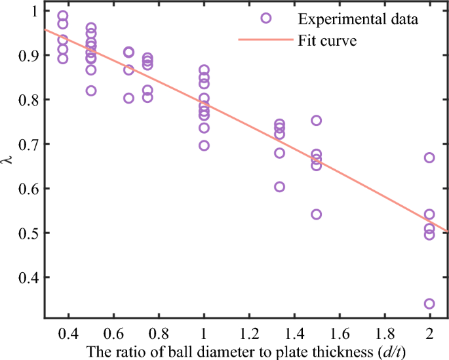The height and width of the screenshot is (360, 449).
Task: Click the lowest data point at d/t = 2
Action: (x=429, y=304)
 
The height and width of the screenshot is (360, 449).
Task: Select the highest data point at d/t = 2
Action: (x=429, y=157)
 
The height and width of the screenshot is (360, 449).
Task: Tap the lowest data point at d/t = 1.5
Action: (x=317, y=214)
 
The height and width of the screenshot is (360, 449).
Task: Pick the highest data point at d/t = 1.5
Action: (x=317, y=120)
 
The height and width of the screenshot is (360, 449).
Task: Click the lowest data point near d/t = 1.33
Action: (x=279, y=187)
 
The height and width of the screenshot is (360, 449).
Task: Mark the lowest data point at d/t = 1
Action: (x=204, y=146)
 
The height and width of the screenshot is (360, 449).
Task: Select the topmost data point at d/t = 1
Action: (x=204, y=70)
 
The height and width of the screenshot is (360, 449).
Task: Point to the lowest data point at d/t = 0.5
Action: (x=91, y=90)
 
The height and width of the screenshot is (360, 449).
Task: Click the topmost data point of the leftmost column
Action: (x=63, y=16)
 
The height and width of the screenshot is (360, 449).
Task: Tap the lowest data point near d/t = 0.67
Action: (x=128, y=98)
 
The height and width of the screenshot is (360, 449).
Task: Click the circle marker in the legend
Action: (x=266, y=18)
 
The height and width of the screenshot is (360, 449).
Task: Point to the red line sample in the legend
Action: (x=266, y=41)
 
